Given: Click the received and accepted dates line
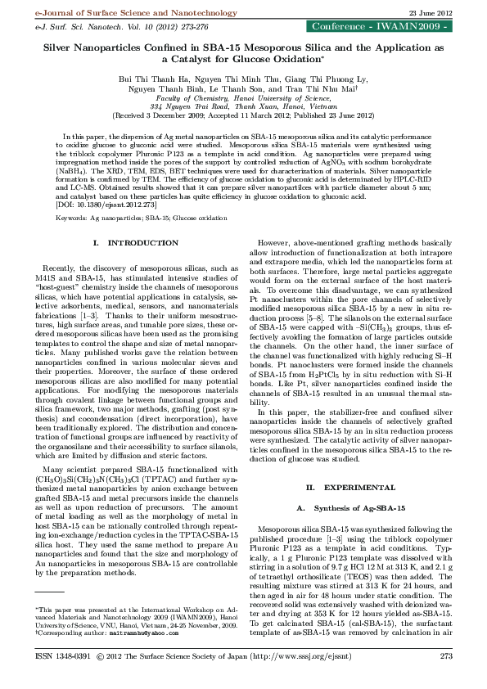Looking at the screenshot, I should [x=243, y=115].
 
